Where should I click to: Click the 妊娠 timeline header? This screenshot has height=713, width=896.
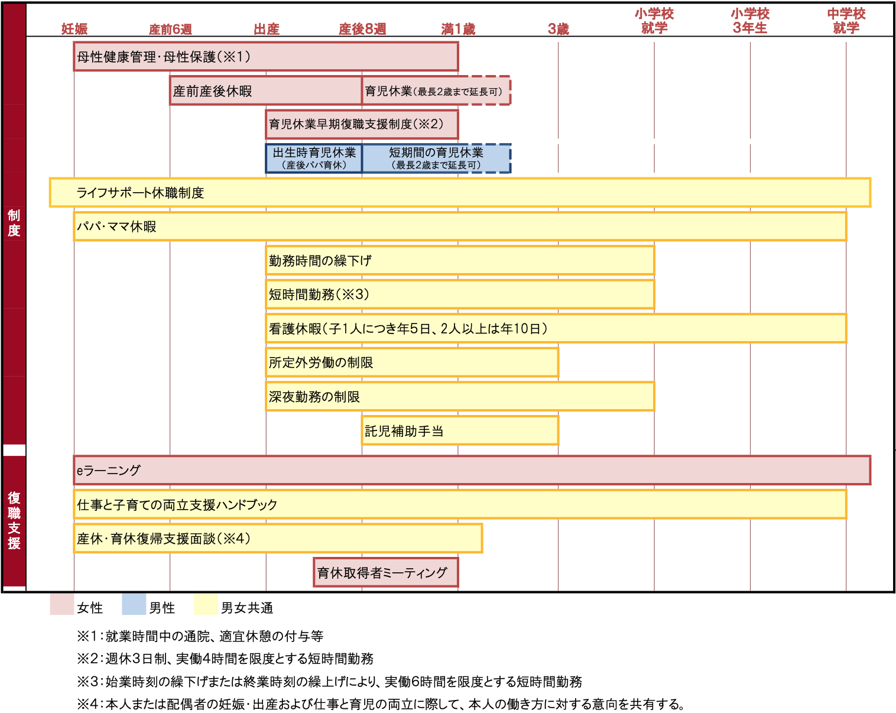click(x=74, y=29)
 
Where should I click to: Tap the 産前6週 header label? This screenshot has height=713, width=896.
click(x=170, y=29)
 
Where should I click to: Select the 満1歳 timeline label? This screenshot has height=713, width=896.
click(x=458, y=29)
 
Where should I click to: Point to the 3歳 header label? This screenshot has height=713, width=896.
click(x=558, y=29)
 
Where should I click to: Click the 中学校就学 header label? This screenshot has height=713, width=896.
click(x=846, y=21)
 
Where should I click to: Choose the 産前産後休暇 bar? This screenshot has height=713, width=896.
click(x=265, y=90)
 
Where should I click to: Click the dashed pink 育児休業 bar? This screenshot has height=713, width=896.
click(x=436, y=90)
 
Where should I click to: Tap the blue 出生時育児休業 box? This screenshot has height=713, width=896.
click(x=314, y=158)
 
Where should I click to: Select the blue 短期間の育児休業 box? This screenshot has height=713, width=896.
click(x=436, y=158)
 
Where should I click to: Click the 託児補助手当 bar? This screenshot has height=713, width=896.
click(x=460, y=430)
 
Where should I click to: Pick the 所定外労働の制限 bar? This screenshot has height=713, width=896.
click(x=412, y=362)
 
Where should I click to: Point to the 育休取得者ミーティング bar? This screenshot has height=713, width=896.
click(x=385, y=572)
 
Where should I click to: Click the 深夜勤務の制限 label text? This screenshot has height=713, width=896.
click(x=314, y=397)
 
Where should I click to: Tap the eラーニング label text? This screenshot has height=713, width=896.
click(x=109, y=470)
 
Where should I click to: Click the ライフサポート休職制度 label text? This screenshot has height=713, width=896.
click(x=140, y=192)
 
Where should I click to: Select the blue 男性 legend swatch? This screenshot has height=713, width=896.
click(x=134, y=604)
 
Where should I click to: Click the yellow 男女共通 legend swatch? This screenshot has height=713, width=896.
click(x=206, y=604)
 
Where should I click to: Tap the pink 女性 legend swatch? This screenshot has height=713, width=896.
click(x=61, y=604)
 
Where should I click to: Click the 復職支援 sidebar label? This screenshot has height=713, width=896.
click(x=14, y=520)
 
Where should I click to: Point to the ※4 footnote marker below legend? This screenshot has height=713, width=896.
click(x=87, y=704)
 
